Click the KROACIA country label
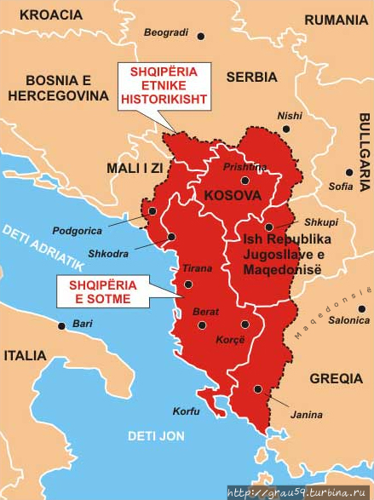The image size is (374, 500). pyautogui.click(x=51, y=14)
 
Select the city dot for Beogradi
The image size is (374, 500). pyautogui.click(x=201, y=35)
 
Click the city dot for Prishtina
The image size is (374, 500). pyautogui.click(x=245, y=180)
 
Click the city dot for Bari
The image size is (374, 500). pyautogui.click(x=61, y=325)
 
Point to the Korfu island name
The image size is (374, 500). pyautogui.click(x=186, y=411)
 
